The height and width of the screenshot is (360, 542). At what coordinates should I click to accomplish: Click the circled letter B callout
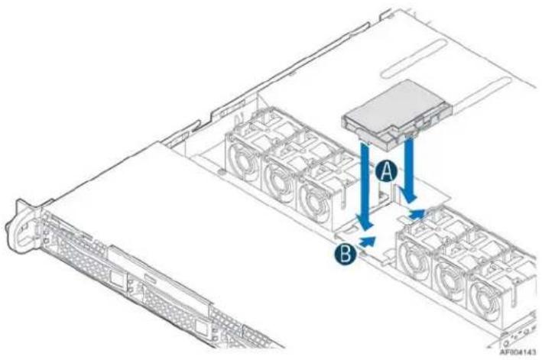coord(346,254)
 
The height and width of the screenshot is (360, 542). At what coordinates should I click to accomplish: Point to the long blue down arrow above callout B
coord(365,184)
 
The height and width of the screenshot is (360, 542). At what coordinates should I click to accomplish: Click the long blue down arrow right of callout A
coord(410,168)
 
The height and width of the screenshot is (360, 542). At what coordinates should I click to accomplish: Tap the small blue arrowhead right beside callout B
coord(367,242)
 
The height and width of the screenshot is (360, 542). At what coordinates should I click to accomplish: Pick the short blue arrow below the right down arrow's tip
coord(417,214)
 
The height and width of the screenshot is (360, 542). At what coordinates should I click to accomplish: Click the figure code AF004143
coord(518,352)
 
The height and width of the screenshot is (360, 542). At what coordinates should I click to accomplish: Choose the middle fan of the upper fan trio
coord(278,177)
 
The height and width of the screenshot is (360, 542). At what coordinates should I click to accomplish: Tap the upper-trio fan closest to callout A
coord(315,200)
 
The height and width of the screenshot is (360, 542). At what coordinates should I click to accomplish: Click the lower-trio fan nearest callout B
coord(413,255)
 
